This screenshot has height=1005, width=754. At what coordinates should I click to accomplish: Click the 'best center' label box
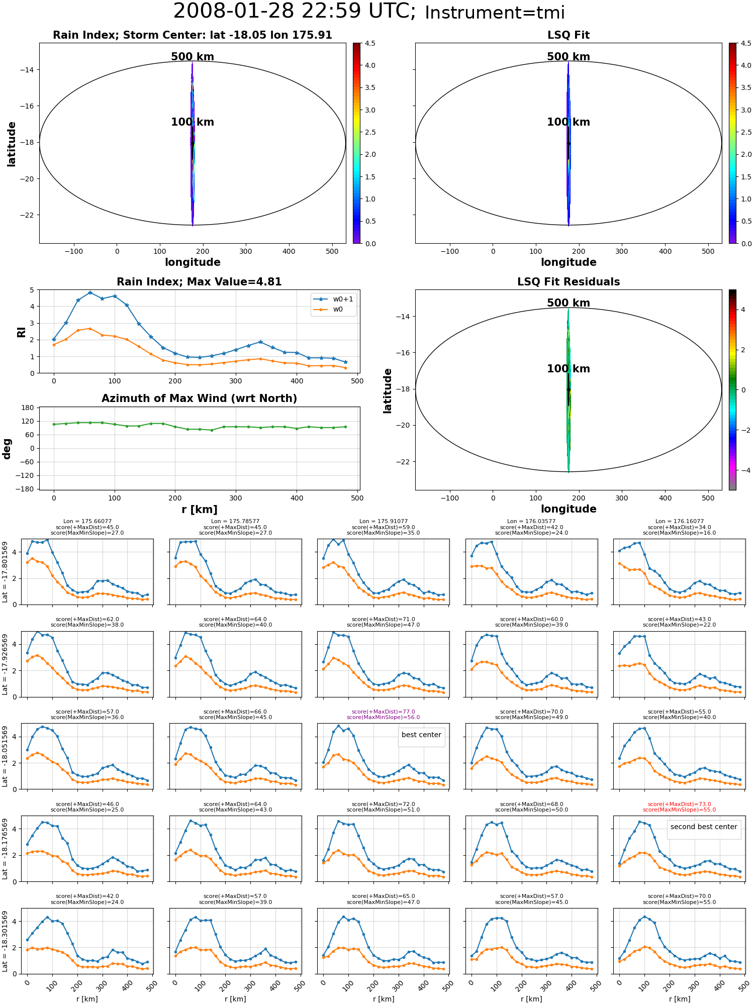421,735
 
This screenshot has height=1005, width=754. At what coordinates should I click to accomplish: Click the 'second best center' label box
704,827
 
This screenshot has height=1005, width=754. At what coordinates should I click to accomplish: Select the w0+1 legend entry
334,299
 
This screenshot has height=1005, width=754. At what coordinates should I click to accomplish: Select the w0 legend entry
334,310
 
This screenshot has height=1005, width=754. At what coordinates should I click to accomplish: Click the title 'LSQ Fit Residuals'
569,282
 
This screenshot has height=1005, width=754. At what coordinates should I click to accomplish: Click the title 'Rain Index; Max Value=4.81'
199,282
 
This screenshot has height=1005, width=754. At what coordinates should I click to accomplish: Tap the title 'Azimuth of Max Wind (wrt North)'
199,398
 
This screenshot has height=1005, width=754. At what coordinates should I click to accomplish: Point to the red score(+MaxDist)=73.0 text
679,805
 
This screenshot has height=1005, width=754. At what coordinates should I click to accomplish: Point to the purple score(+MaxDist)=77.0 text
383,712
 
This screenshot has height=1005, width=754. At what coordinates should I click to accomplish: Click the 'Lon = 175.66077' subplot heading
87,522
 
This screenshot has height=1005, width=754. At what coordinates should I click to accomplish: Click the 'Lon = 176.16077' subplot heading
679,522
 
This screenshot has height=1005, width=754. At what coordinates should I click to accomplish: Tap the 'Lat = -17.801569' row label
5,572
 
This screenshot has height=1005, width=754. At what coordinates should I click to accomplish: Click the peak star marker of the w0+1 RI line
90,293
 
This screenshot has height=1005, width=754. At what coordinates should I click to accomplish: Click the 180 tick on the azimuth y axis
28,408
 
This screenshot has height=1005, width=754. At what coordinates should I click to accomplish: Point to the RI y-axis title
22,332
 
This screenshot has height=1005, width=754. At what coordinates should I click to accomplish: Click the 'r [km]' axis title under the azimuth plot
199,510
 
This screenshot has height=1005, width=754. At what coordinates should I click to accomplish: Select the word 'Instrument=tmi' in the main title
495,13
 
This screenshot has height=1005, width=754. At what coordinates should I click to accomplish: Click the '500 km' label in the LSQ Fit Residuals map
569,303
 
